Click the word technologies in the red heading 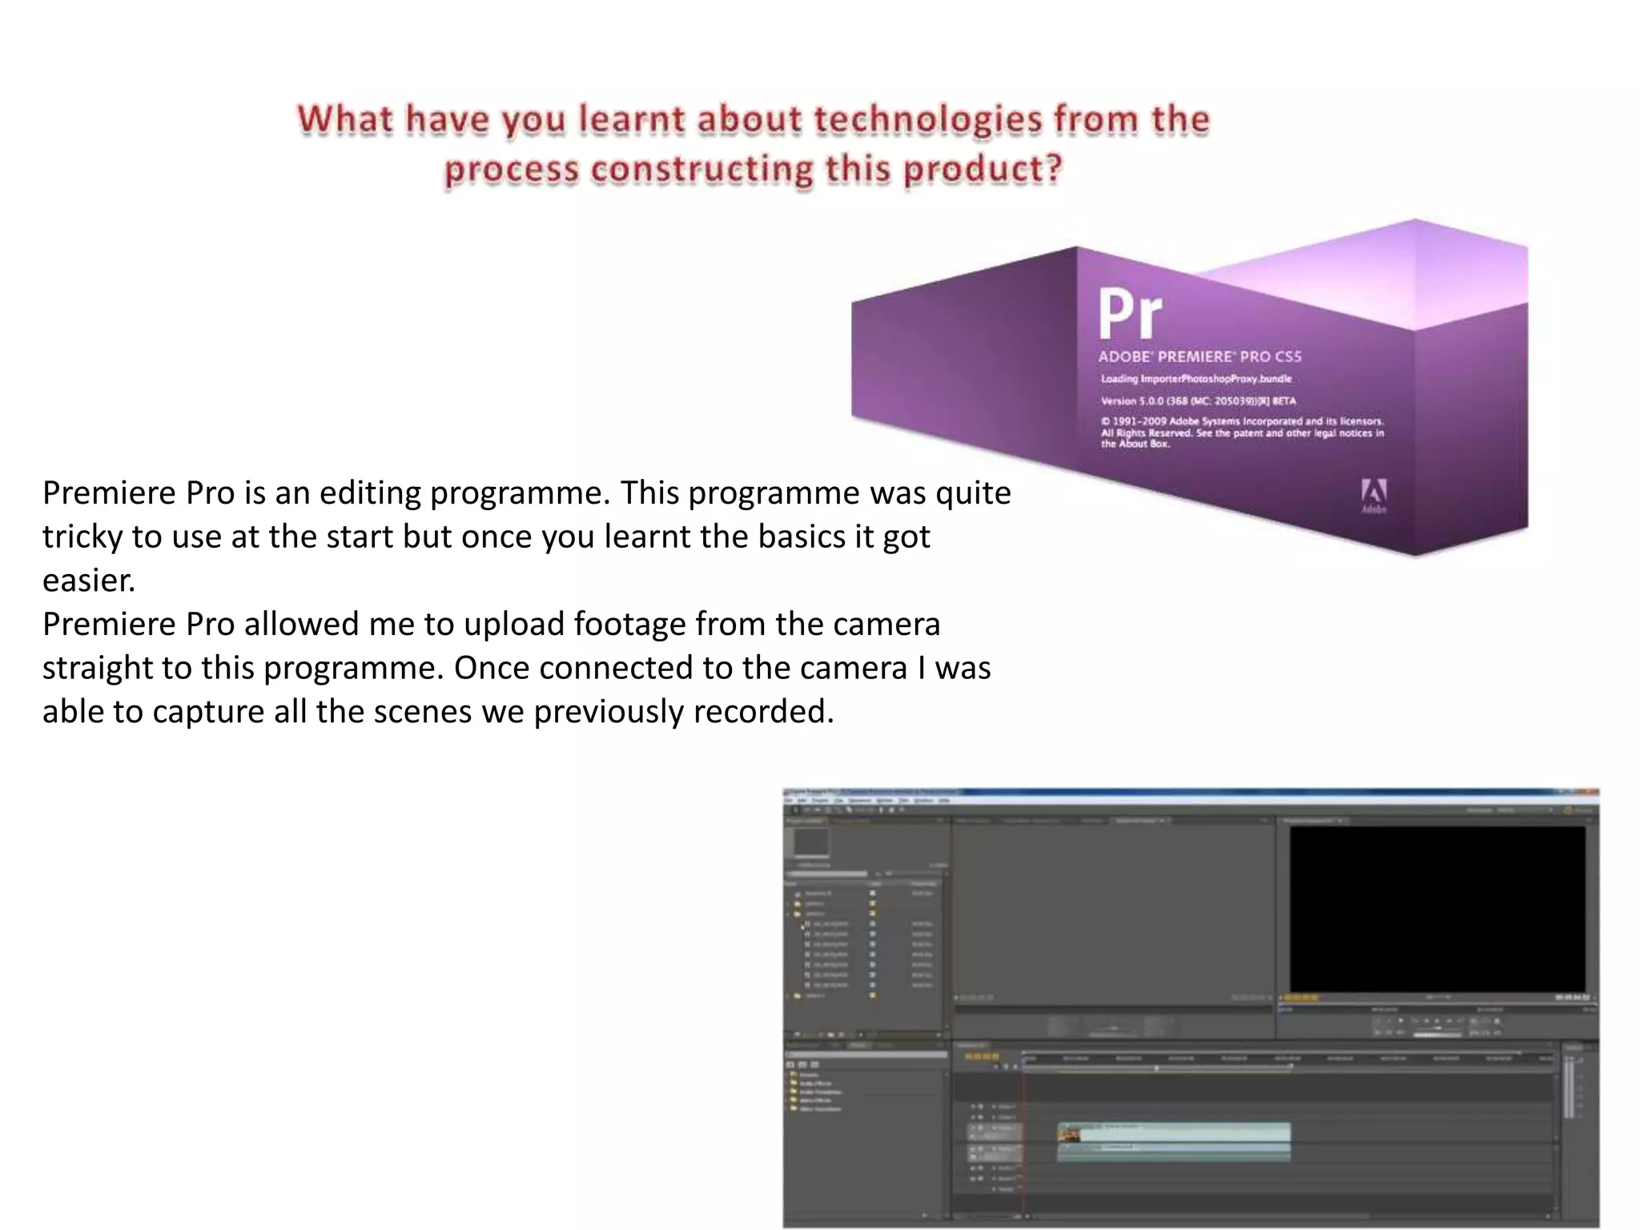coord(928,120)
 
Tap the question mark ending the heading coord(1054,169)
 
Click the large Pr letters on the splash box coord(1129,315)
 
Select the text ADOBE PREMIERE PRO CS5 coord(1200,357)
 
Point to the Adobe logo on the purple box coord(1373,495)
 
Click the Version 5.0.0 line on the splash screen coord(1198,401)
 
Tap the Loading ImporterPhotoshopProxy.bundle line coord(1196,379)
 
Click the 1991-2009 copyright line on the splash coord(1241,421)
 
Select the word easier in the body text coord(88,581)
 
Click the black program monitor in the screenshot coord(1437,909)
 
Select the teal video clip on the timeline coord(1185,1132)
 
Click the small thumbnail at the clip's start coord(1068,1133)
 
